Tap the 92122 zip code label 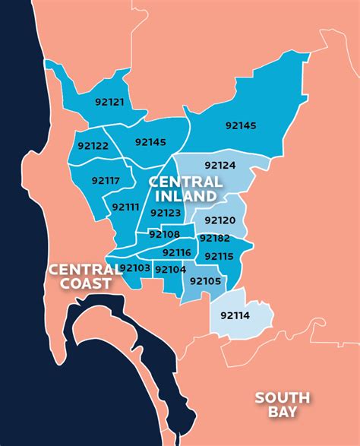click(x=93, y=145)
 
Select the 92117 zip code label click(x=106, y=181)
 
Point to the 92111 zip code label click(x=125, y=206)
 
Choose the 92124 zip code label click(x=220, y=165)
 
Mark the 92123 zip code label click(x=166, y=214)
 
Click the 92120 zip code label click(x=220, y=220)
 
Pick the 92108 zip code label click(x=166, y=234)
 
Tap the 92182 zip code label click(x=214, y=239)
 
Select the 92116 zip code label click(x=177, y=252)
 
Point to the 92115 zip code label click(x=219, y=256)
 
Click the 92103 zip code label click(x=135, y=267)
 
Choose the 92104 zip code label click(x=170, y=269)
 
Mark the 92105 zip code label click(x=205, y=281)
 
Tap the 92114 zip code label click(x=235, y=314)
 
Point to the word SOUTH click(x=282, y=397)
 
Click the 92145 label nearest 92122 click(x=150, y=141)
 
